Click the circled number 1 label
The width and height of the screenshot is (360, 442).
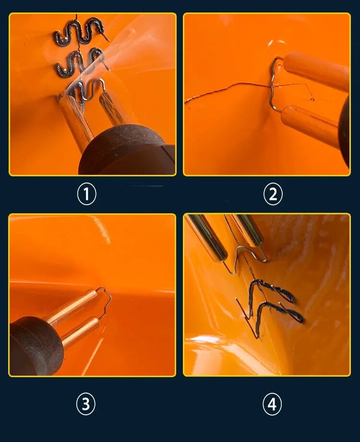coord(86,194)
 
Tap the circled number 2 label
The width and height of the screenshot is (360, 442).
coord(273,194)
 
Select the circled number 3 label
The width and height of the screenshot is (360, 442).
coord(85,404)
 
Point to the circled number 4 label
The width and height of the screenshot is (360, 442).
coord(272,405)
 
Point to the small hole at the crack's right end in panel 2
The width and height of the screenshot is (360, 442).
coord(312,99)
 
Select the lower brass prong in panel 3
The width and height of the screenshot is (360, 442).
coord(80,332)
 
